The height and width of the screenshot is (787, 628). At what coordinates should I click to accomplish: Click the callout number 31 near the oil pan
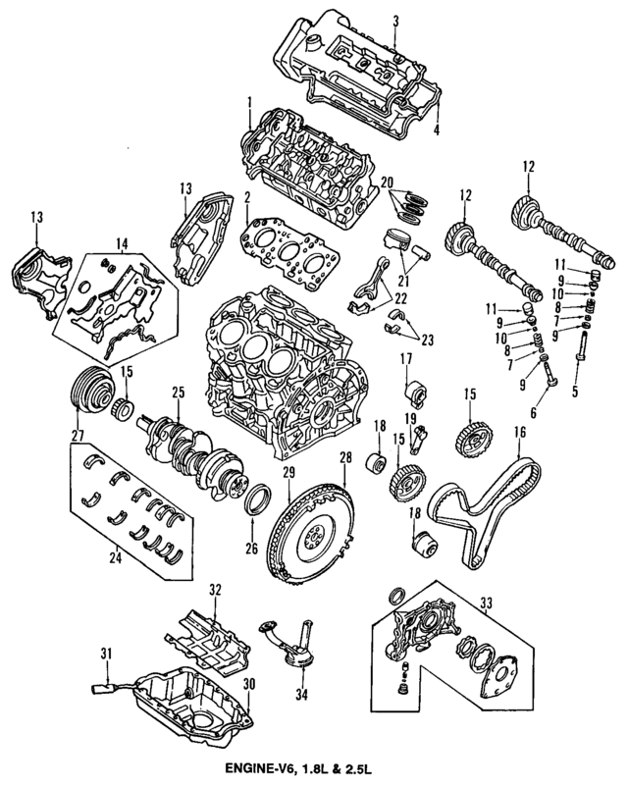107,653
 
